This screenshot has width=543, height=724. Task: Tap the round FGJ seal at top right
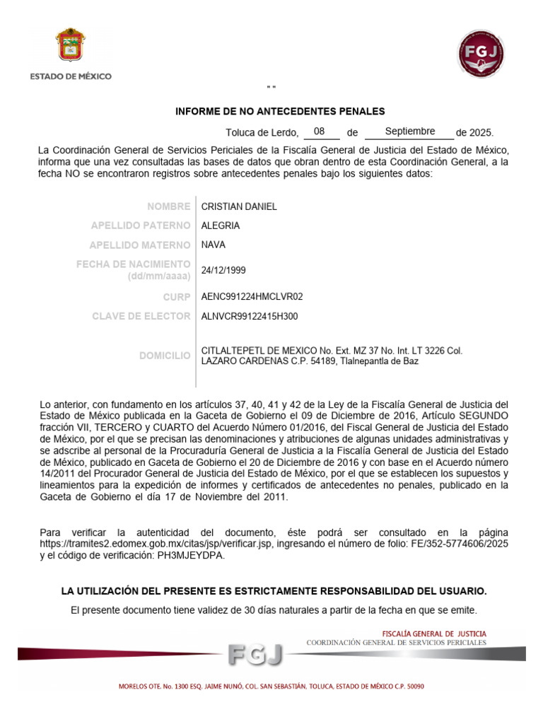click(x=481, y=54)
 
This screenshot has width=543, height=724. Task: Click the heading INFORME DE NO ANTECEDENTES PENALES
click(x=280, y=111)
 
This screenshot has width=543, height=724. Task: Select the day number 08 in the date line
click(x=320, y=132)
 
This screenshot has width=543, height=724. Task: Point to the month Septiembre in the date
click(x=410, y=132)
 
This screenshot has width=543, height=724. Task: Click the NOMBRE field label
click(x=169, y=206)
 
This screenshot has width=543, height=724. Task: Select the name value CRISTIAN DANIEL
click(x=239, y=206)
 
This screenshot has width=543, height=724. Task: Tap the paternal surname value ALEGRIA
click(x=221, y=226)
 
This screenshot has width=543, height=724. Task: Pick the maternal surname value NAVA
click(x=214, y=245)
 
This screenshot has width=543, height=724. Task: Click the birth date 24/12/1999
click(x=223, y=270)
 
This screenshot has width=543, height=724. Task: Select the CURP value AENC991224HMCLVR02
click(x=252, y=297)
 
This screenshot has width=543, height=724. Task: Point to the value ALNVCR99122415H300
click(x=250, y=316)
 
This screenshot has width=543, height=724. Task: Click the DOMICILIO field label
click(x=165, y=356)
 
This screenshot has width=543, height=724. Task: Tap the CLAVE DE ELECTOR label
click(x=141, y=316)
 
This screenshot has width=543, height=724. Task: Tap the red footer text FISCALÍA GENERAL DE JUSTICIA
click(x=434, y=633)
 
